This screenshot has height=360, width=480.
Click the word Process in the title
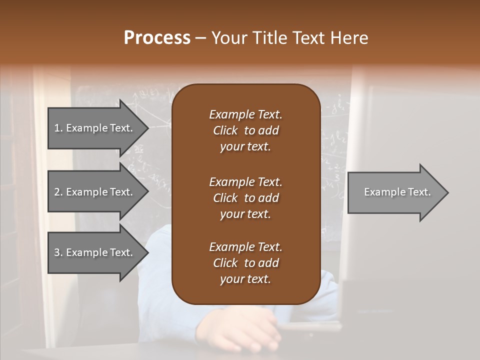coord(157,38)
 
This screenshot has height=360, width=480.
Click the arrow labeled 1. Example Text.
coord(95,128)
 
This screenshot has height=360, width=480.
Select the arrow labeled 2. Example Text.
coord(95,192)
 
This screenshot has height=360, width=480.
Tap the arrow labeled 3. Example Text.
coord(95,252)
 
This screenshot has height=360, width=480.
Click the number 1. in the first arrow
coord(58,128)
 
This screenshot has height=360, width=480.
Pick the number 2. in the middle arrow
coord(58,192)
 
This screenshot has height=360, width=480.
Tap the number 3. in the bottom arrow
coord(58,252)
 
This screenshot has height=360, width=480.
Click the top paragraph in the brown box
coord(245,130)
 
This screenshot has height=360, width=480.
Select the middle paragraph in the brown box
coord(245,198)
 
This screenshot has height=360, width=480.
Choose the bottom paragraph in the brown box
coord(245,263)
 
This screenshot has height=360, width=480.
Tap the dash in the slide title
coord(201,38)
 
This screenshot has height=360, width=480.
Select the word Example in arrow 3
coord(86,252)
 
